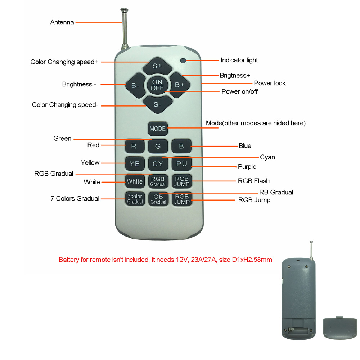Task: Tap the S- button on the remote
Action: click(x=158, y=104)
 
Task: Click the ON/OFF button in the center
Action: click(x=157, y=85)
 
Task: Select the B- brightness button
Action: click(x=135, y=85)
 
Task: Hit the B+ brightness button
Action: click(x=180, y=85)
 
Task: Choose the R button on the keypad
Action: click(x=135, y=146)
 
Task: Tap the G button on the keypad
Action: click(x=158, y=146)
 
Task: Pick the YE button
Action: click(x=135, y=164)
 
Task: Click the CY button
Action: click(x=158, y=164)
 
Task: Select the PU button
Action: click(x=181, y=164)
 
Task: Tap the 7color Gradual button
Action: click(x=135, y=199)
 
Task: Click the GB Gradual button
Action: click(x=158, y=199)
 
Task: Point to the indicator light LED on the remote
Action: click(x=183, y=60)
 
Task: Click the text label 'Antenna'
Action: click(x=62, y=22)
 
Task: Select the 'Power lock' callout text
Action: click(x=270, y=83)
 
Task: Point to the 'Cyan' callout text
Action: click(x=267, y=157)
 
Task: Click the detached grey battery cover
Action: click(x=340, y=328)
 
